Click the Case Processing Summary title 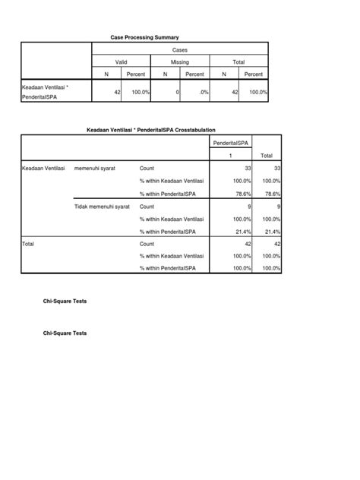144,37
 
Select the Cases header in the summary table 179,49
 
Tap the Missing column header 179,62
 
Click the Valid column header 121,62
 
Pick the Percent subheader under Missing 194,74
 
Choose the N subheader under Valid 106,74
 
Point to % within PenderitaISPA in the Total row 168,268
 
